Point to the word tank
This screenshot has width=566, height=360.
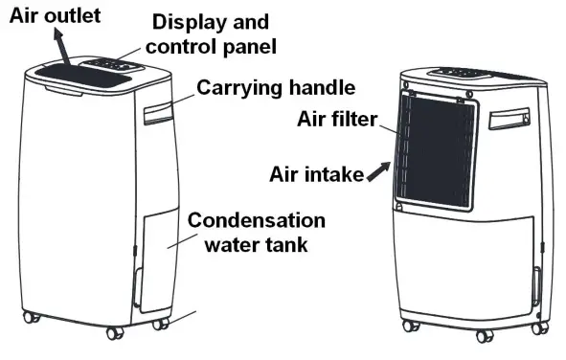coord(286,244)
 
